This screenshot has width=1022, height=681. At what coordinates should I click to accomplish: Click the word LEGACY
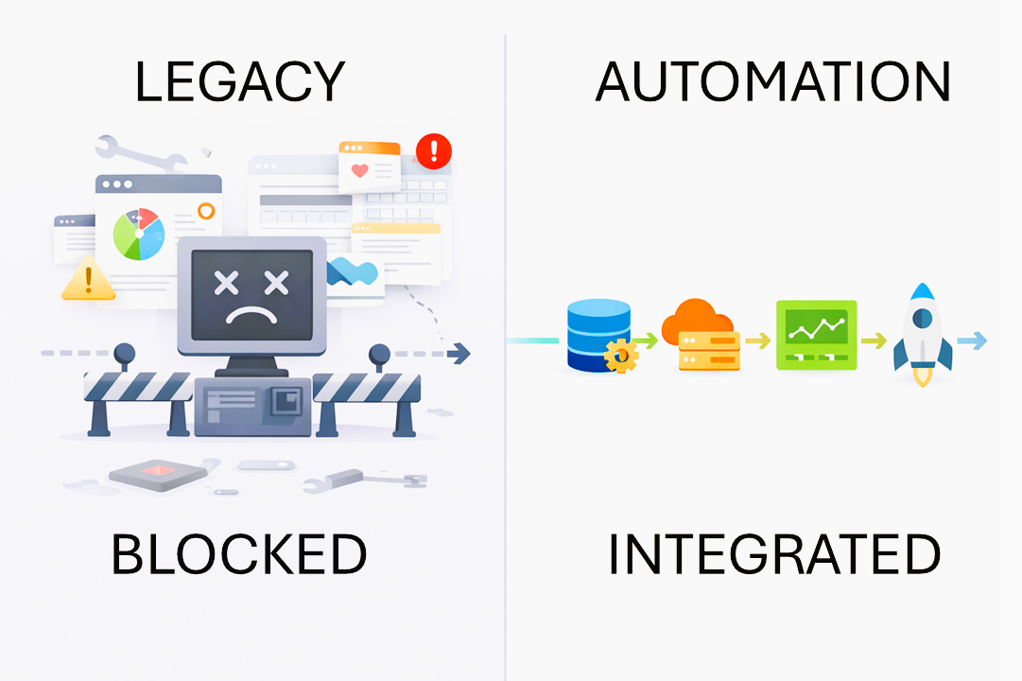pos(239,82)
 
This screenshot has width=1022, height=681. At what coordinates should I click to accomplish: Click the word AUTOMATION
pos(772,82)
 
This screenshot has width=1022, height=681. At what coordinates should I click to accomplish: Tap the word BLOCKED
pos(238,554)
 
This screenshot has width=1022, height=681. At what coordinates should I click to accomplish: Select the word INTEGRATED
pos(773,554)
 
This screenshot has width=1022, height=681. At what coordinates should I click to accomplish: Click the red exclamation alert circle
pos(434,149)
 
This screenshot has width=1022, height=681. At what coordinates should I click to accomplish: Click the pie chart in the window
pos(139,234)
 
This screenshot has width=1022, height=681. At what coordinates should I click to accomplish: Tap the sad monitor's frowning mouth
pos(251,315)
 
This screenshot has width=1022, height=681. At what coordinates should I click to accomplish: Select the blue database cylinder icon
pos(598,333)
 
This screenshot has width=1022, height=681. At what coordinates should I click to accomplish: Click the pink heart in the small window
pos(359,171)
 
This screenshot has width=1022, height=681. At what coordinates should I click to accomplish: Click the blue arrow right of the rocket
pos(973,340)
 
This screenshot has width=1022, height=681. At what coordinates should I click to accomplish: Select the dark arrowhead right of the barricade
pos(459,354)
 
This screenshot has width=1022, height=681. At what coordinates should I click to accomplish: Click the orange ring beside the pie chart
pos(205,210)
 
